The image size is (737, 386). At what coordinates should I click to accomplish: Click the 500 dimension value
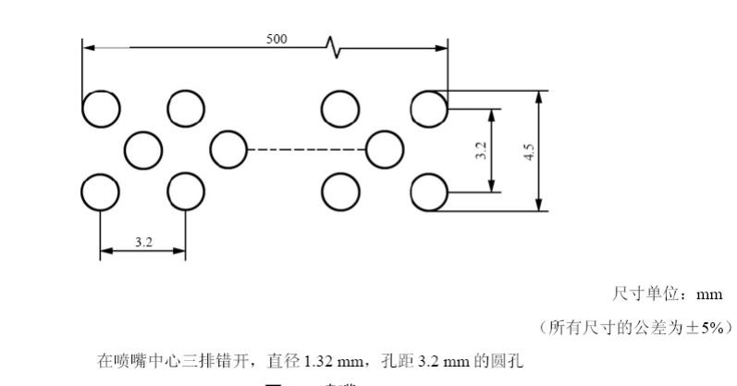276,39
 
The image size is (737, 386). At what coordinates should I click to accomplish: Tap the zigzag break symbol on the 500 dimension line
333,46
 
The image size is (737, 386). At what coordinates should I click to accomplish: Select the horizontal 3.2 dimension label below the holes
143,242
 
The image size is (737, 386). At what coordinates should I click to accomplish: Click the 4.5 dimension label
529,151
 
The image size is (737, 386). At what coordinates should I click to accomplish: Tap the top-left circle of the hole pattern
100,108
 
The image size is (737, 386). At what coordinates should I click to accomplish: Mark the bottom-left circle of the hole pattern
100,193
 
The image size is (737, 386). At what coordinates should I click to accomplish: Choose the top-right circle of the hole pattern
428,108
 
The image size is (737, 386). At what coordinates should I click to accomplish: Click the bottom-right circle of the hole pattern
428,193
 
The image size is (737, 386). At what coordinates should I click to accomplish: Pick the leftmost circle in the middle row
141,149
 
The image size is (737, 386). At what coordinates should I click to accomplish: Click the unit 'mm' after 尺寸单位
709,294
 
